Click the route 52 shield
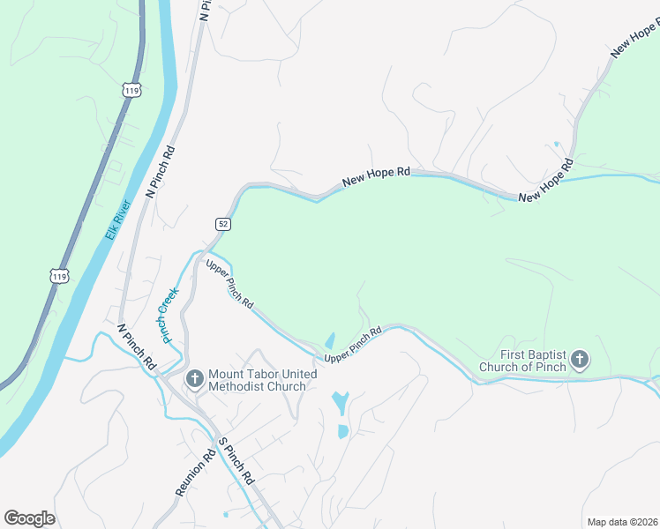click(222, 225)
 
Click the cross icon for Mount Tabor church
click(196, 380)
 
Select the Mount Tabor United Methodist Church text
click(262, 380)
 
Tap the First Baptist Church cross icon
click(579, 359)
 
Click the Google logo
click(29, 518)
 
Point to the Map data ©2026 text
click(622, 521)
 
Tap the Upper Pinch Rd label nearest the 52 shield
click(229, 284)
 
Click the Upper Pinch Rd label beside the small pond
click(352, 345)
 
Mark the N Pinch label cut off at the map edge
click(206, 10)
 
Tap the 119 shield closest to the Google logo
click(59, 276)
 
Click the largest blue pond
click(341, 403)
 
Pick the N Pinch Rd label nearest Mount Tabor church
click(137, 346)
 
